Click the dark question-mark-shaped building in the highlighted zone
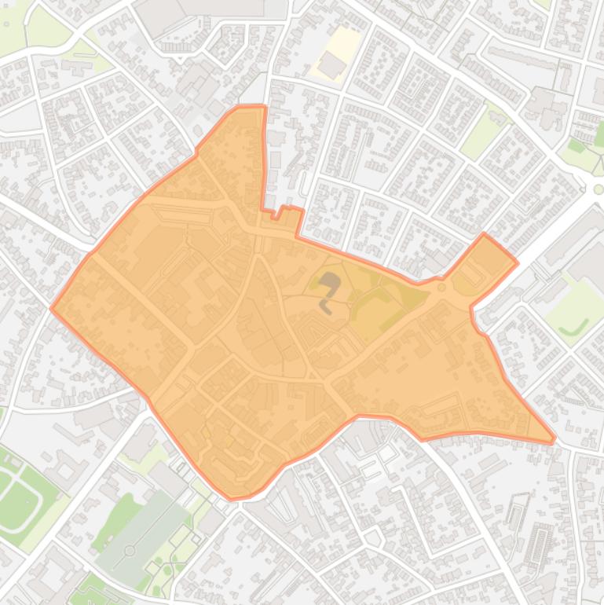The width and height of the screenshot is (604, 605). (x=329, y=289)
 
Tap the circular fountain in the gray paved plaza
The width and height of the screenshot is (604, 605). (x=130, y=551)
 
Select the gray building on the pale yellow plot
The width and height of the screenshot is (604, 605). (x=332, y=64)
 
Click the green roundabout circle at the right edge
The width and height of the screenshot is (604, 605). (x=599, y=189)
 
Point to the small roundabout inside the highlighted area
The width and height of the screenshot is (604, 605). (x=442, y=288)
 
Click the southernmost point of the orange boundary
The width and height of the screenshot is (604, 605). (x=233, y=498)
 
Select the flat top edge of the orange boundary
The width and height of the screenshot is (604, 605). (x=250, y=106)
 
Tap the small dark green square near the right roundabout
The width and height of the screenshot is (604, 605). (x=577, y=145)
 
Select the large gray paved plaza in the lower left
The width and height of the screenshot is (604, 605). (x=137, y=534)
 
